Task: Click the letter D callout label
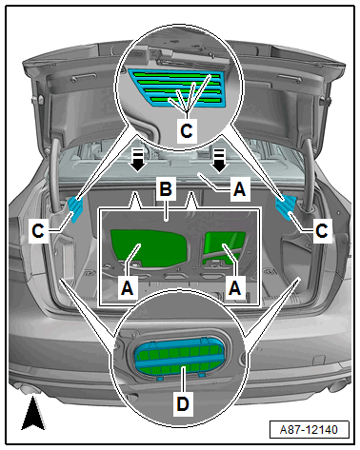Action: pos(183,403)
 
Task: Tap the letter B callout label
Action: pos(166,189)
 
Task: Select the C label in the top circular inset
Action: pos(187,130)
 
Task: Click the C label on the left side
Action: pos(38,231)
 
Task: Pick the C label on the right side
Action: pos(322,230)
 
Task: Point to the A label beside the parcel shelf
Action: pos(240,189)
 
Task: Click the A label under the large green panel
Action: pos(128,288)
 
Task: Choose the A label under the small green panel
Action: pos(235,288)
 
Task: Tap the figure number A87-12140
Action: pos(309,430)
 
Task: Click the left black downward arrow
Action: pos(138,161)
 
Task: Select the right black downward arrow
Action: pos(219,161)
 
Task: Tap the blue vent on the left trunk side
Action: pos(75,208)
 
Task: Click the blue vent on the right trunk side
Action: pos(287,206)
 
